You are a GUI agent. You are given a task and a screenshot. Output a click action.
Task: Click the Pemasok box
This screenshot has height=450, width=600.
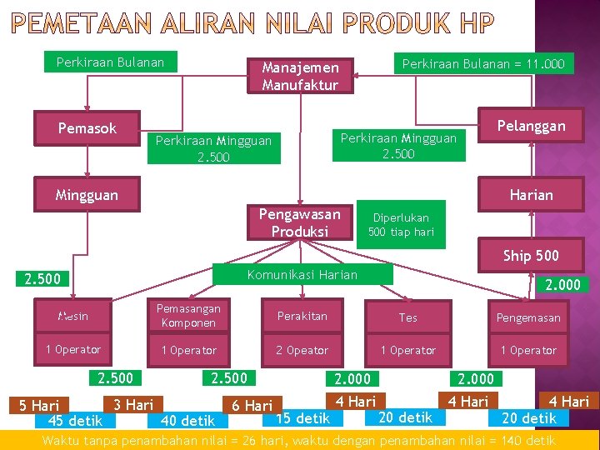[x=87, y=128]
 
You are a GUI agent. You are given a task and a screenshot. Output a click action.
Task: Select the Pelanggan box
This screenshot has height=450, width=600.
[x=531, y=127]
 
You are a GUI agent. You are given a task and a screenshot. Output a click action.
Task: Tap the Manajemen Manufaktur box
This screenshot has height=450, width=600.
[x=300, y=76]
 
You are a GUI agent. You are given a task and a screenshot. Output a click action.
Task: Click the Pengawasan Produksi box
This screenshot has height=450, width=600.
[x=300, y=222]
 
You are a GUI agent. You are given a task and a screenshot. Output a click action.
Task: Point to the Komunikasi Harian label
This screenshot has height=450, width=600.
[x=302, y=275]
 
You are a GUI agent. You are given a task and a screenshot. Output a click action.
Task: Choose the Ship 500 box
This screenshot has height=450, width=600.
[x=531, y=256]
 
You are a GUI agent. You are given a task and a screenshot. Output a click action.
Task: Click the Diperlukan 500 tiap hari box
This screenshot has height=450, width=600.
[x=401, y=224]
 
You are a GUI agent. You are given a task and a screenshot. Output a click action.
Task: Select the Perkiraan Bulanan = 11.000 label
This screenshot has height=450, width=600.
[x=483, y=63]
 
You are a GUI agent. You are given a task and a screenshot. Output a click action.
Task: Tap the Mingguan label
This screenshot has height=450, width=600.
[x=87, y=195]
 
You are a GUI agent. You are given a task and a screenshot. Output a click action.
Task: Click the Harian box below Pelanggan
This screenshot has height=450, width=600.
[x=531, y=195]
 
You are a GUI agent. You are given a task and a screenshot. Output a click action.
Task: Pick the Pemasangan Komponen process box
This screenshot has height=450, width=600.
[x=188, y=316]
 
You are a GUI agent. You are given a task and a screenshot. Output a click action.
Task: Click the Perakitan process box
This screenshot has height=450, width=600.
[x=302, y=317]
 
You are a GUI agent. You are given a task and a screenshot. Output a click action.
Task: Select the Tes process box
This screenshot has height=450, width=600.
[x=408, y=317]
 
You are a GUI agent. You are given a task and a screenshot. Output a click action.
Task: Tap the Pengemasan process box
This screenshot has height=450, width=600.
[x=528, y=317]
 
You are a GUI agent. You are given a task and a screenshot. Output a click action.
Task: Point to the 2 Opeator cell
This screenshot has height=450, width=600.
[x=302, y=350]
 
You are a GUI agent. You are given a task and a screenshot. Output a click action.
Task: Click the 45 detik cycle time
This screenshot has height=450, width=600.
[x=76, y=420]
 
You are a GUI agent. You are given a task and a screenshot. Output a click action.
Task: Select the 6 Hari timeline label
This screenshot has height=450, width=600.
[x=252, y=406]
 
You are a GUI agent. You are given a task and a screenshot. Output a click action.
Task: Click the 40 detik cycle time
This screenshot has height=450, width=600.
[x=187, y=421]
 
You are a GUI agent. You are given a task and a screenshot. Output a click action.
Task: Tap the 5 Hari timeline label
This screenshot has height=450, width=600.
[x=39, y=406]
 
